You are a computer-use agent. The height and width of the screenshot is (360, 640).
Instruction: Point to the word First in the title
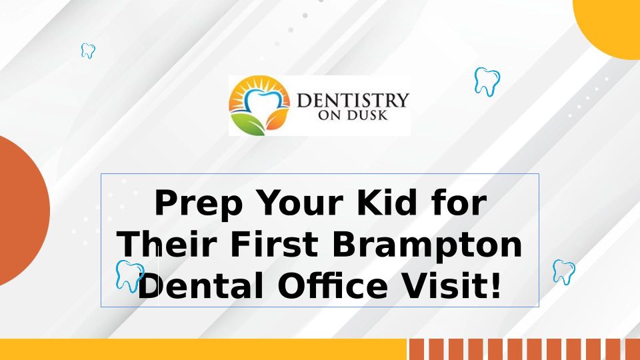pos(274,244)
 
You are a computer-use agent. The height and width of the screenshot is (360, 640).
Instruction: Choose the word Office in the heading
pos(332,286)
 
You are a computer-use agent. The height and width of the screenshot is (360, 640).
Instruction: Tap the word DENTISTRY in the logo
pos(353,100)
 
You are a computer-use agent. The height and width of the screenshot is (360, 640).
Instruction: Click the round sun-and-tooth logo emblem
pos(259,105)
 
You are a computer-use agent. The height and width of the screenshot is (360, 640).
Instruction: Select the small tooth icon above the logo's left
pos(88,51)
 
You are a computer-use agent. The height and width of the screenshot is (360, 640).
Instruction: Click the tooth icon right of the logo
pos(487,81)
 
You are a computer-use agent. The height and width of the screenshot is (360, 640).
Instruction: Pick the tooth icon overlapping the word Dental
pos(130,276)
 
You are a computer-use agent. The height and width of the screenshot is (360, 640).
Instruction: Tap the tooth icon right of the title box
pos(564,272)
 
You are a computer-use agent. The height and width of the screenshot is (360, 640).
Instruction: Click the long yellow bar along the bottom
pos(203,349)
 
